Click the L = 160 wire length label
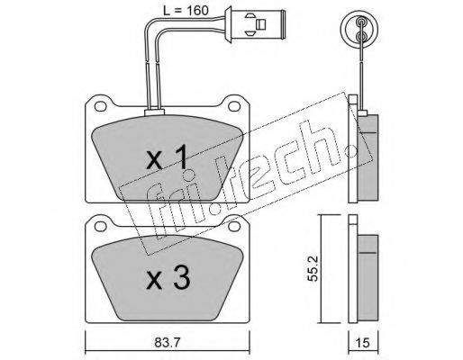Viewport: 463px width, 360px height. [x=186, y=11]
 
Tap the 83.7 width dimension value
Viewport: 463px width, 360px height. [x=168, y=342]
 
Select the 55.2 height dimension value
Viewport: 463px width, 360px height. [x=313, y=268]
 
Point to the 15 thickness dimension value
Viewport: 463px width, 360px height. [x=362, y=342]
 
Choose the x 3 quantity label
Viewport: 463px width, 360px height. [x=168, y=278]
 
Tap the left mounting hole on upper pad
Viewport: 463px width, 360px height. [x=100, y=106]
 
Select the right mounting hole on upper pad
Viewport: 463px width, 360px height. [x=234, y=106]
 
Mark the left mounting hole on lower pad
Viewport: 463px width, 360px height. [x=100, y=227]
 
